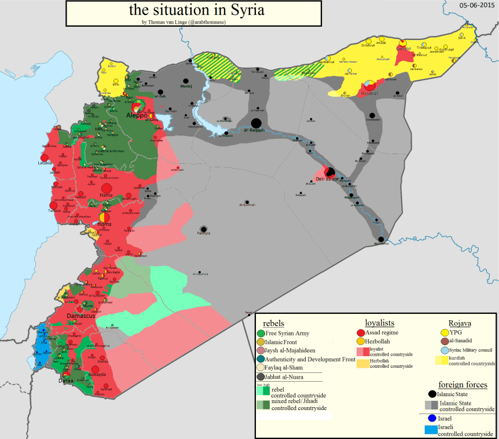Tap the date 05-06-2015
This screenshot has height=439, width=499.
click(x=477, y=5)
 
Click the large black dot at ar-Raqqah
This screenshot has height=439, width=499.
click(x=256, y=123)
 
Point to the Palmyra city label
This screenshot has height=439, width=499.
click(x=203, y=233)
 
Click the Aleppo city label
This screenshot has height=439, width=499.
click(x=137, y=116)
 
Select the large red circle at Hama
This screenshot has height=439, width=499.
click(x=106, y=189)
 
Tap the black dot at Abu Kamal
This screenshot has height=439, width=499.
click(x=381, y=239)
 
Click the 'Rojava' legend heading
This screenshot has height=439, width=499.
click(x=459, y=323)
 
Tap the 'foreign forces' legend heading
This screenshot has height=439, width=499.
click(x=463, y=385)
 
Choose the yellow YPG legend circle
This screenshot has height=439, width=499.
click(x=445, y=332)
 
